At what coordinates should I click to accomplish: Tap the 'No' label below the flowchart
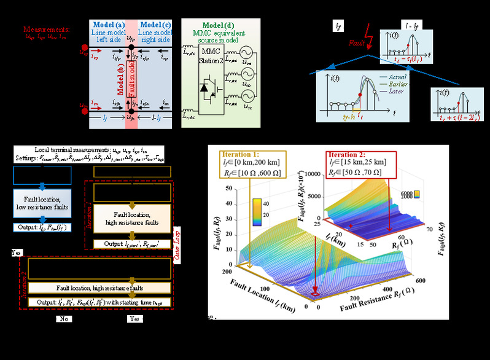pos(63,319)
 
